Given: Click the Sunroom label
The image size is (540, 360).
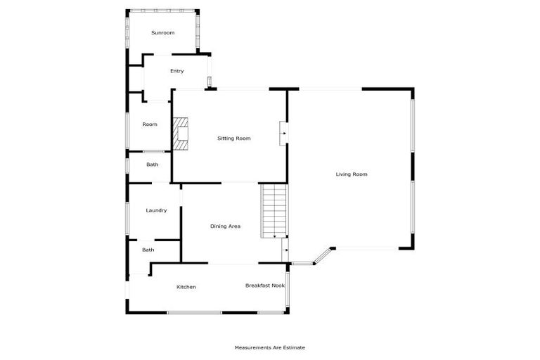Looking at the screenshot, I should tap(163, 33).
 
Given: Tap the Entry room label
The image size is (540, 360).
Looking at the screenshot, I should tap(177, 71).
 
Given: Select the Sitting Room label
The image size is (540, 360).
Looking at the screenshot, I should tap(234, 139).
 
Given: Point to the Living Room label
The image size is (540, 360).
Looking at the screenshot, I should tap(352, 174).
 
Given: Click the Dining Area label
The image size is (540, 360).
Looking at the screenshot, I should tap(226, 226).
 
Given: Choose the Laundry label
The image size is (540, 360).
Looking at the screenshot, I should tap(156, 211).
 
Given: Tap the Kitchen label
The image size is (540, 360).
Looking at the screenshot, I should tap(186, 287).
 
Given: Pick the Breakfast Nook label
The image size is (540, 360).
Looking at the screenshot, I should tap(264, 285).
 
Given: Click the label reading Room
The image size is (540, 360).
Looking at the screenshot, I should tap(150, 124).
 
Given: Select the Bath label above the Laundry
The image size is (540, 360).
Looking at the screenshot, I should tap(153, 165).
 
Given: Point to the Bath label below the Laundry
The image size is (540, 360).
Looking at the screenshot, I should tap(148, 250).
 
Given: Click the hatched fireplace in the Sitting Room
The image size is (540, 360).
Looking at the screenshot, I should tap(183, 134).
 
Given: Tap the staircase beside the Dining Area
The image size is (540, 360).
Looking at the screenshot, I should tap(275, 211).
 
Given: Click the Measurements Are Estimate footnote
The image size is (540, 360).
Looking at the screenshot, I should tap(270, 347).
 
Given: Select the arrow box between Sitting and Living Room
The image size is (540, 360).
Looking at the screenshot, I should tap(283, 132).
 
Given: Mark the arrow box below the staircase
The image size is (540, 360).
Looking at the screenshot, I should tap(285, 250).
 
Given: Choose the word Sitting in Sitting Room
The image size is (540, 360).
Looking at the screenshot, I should tap(225, 139).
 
